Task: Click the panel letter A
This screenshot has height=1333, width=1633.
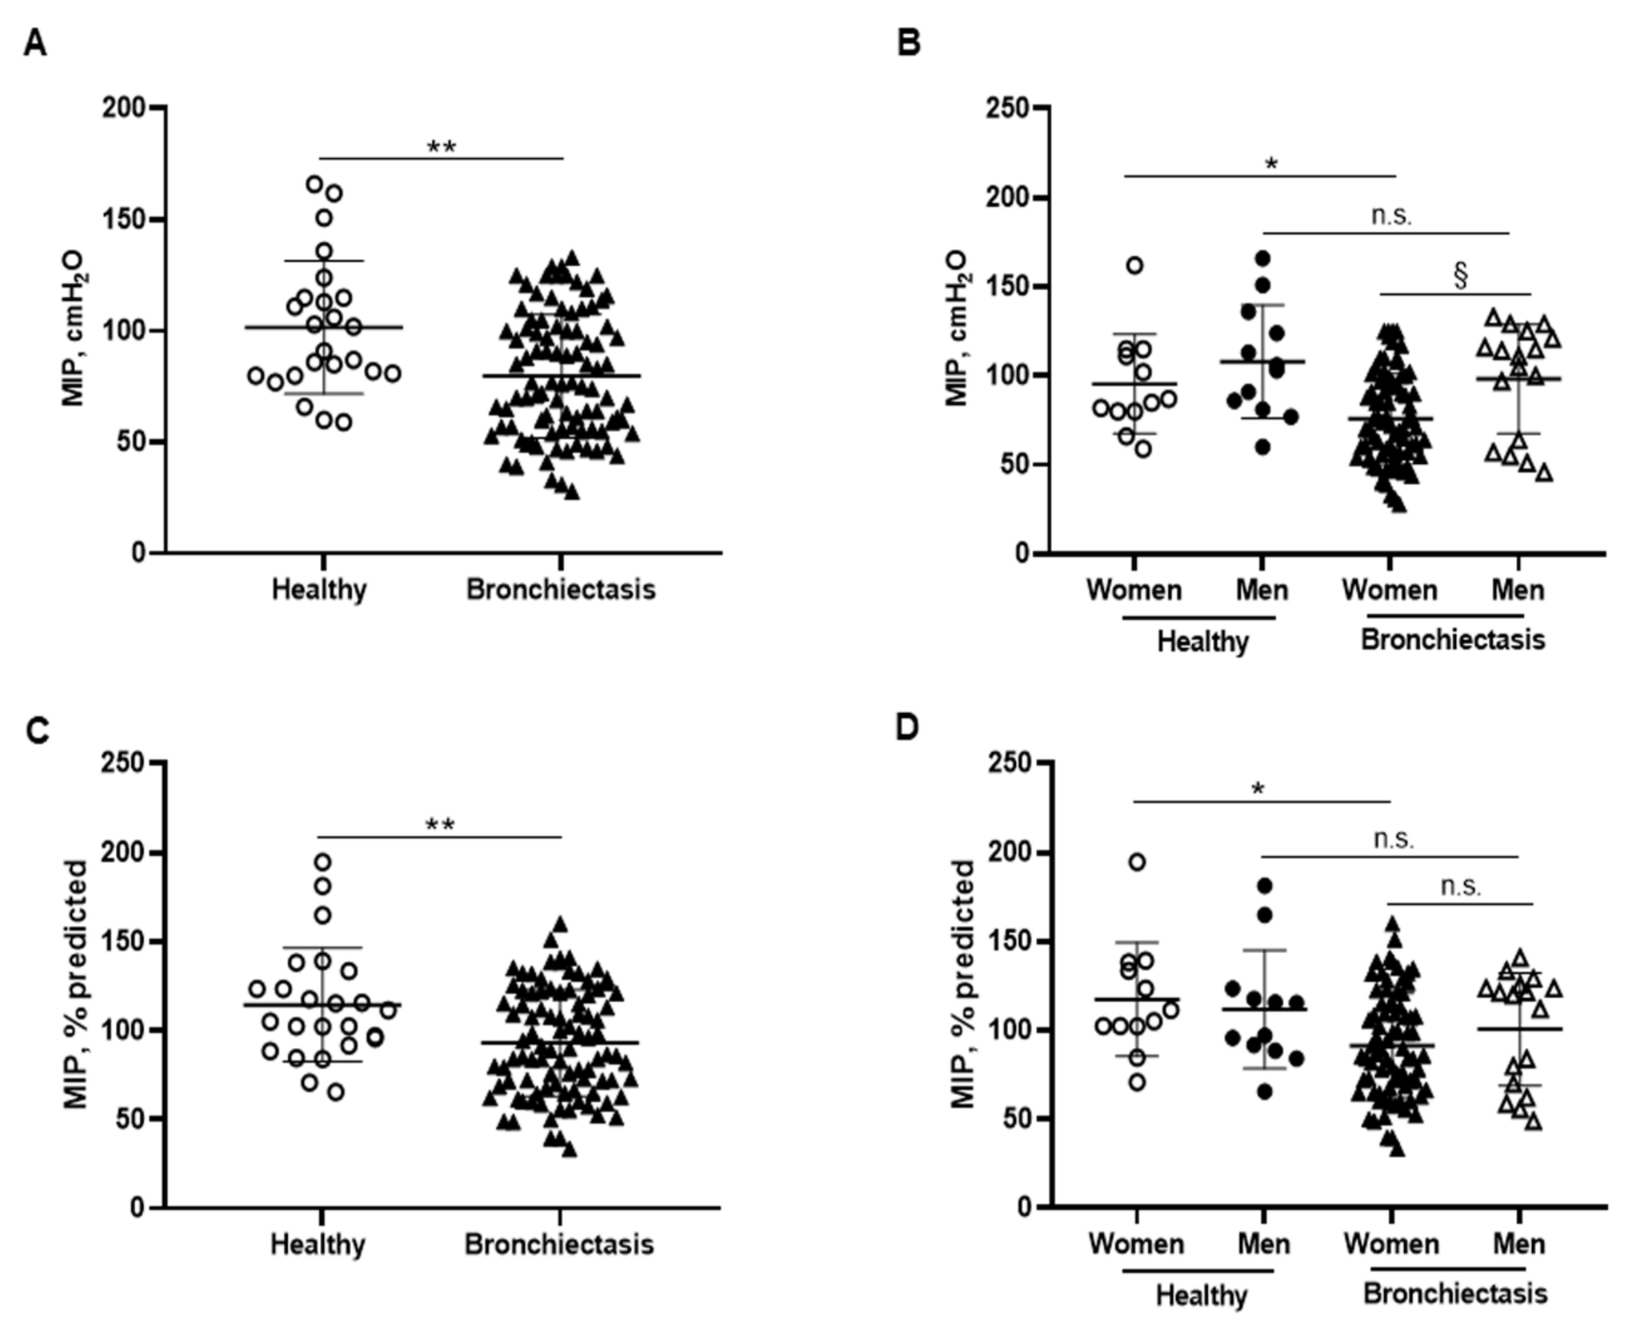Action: (35, 44)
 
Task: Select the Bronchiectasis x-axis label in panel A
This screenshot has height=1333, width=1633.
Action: (561, 590)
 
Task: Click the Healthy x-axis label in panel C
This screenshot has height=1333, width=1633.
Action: (318, 1244)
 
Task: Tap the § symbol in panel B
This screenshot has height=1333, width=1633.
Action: (1460, 277)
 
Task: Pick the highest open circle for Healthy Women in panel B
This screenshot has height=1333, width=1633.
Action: (1134, 266)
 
